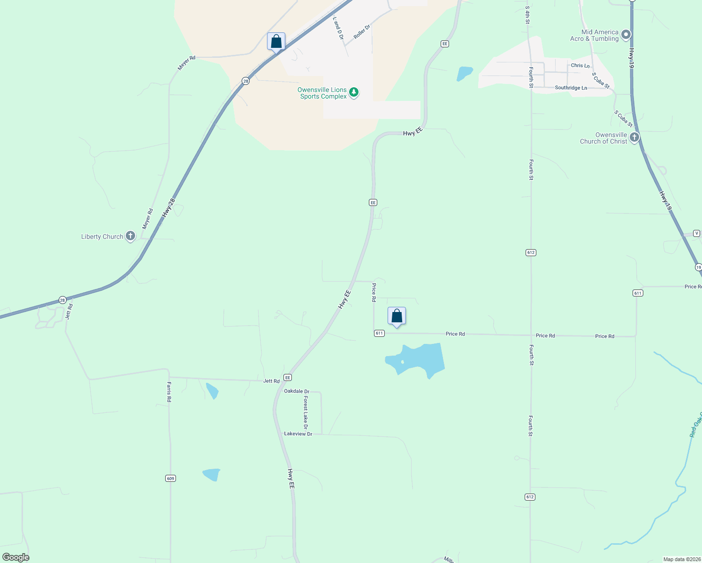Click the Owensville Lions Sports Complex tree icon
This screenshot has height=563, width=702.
(x=354, y=92)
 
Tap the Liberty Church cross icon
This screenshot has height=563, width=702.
(x=130, y=236)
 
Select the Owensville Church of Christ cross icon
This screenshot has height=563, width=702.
(x=634, y=137)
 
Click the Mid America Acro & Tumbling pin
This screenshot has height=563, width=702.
(x=626, y=34)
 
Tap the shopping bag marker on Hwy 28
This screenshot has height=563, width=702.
(x=276, y=41)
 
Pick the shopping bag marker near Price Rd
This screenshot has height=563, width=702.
(x=397, y=316)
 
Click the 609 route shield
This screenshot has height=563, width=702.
(x=170, y=478)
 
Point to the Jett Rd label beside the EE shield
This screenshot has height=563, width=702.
(x=271, y=381)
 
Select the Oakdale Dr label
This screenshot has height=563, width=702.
(x=297, y=391)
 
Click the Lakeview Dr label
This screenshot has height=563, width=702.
(x=298, y=434)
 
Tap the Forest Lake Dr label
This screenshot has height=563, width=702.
(x=305, y=412)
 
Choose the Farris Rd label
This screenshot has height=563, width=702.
(x=169, y=392)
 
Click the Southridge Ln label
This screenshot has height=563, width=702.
(x=571, y=88)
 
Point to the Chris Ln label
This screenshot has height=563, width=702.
(x=580, y=66)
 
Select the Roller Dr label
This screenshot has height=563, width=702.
(x=362, y=31)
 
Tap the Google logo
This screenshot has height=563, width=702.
(x=16, y=557)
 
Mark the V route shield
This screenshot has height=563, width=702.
(x=696, y=233)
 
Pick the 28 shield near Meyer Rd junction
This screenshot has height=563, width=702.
(x=246, y=81)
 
